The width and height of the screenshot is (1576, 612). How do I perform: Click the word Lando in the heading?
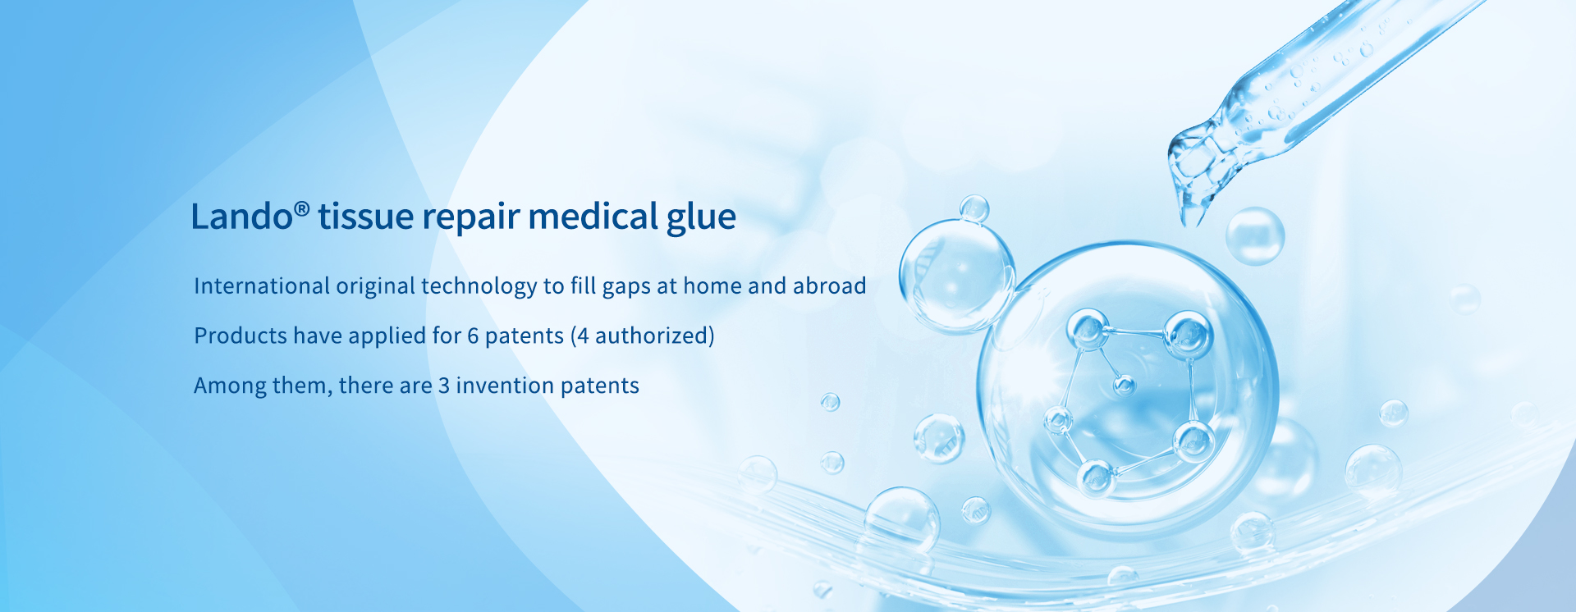[242, 217]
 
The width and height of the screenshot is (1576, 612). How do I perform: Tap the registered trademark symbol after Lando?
[302, 210]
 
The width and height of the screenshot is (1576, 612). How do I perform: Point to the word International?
[262, 285]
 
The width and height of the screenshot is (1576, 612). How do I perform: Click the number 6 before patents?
[473, 336]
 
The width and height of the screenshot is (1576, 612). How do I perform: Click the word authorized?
[651, 336]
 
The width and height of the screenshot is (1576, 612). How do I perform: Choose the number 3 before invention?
[444, 386]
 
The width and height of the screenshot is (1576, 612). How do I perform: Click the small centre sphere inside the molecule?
[1124, 384]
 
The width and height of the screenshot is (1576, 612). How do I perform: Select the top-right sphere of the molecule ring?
[1188, 334]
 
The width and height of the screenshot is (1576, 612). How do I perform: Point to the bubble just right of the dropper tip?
[1255, 236]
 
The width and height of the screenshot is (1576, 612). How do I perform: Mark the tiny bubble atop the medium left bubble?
[974, 208]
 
